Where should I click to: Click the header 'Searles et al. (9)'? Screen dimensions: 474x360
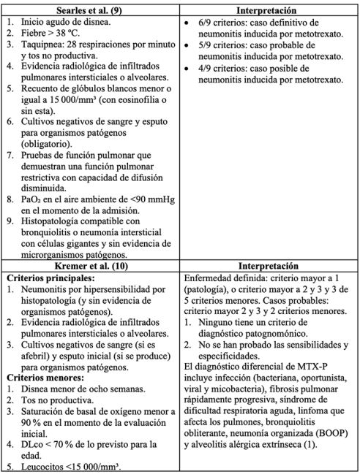pyautogui.click(x=91, y=11)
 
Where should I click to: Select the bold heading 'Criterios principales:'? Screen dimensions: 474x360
pyautogui.click(x=49, y=280)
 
